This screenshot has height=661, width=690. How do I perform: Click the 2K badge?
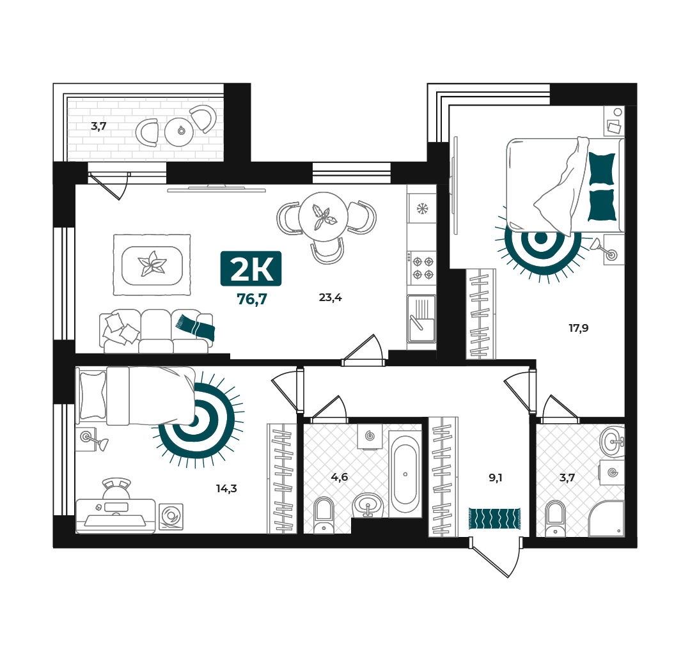tap(251, 268)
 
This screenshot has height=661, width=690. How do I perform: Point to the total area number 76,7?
tap(252, 299)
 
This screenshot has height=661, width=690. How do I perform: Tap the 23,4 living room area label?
tap(330, 298)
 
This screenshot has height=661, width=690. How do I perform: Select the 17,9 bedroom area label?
tap(578, 328)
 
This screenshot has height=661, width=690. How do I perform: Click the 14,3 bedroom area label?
tap(226, 488)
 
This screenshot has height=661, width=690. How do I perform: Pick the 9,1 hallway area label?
tap(496, 478)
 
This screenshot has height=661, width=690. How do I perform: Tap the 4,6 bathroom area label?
tap(340, 477)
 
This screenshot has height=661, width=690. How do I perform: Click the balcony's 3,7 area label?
tap(98, 126)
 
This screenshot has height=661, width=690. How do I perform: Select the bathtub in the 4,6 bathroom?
tap(405, 474)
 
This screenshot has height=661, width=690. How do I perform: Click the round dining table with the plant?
tap(324, 217)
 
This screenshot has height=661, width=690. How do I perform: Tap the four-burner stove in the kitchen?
tap(422, 268)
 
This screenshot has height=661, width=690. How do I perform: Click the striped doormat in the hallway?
tap(494, 518)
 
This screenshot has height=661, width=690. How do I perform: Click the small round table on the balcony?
tap(180, 131)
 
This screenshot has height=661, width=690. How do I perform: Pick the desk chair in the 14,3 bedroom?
tap(116, 488)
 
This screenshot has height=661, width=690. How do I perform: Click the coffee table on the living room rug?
tap(152, 265)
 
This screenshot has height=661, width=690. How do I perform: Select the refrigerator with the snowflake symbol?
tap(422, 208)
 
